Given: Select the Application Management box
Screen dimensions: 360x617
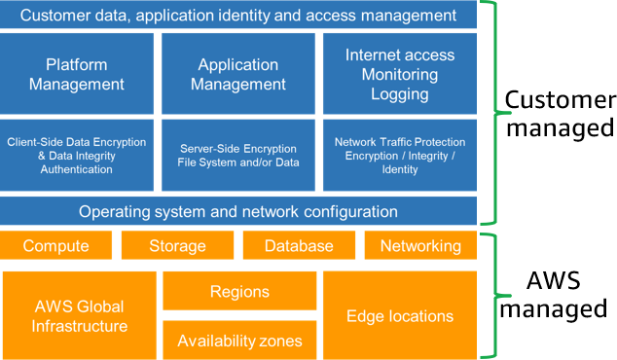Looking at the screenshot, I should click(x=238, y=74).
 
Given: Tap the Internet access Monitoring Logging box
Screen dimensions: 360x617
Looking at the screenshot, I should click(x=400, y=74).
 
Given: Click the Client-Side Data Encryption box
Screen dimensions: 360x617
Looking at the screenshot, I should click(x=77, y=155).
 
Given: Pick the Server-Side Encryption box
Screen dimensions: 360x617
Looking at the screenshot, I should click(x=238, y=155).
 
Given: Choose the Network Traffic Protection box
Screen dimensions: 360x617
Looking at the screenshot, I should click(x=400, y=155).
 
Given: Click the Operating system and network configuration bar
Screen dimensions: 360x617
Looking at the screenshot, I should click(x=238, y=211).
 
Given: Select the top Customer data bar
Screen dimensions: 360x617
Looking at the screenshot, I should click(x=238, y=16).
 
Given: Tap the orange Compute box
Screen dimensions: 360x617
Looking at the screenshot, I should click(x=55, y=246).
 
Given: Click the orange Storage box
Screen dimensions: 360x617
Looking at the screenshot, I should click(x=177, y=246).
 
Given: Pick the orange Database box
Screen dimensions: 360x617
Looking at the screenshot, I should click(x=299, y=246).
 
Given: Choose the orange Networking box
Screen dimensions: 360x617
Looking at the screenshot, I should click(x=420, y=246).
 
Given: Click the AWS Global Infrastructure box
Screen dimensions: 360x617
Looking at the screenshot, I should click(x=79, y=315).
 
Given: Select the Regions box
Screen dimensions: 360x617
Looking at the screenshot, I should click(x=239, y=291).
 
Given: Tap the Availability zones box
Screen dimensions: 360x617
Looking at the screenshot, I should click(x=239, y=341).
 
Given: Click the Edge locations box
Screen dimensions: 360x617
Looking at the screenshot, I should click(x=400, y=315).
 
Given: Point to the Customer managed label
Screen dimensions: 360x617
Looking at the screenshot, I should click(x=558, y=113).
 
